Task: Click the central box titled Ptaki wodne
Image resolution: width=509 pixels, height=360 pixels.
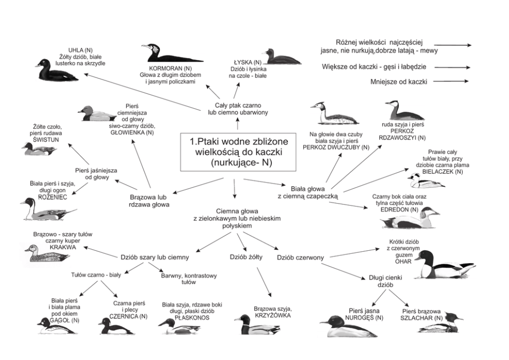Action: pyautogui.click(x=238, y=152)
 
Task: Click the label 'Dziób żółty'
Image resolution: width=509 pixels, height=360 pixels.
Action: pyautogui.click(x=246, y=256)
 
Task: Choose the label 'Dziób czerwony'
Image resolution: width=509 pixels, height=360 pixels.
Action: pyautogui.click(x=300, y=257)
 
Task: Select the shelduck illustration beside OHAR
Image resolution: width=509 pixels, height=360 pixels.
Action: pyautogui.click(x=445, y=265)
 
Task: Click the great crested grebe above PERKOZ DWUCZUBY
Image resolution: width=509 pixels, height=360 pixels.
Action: pyautogui.click(x=332, y=113)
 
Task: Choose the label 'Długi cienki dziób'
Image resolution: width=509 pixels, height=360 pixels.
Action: pyautogui.click(x=385, y=281)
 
